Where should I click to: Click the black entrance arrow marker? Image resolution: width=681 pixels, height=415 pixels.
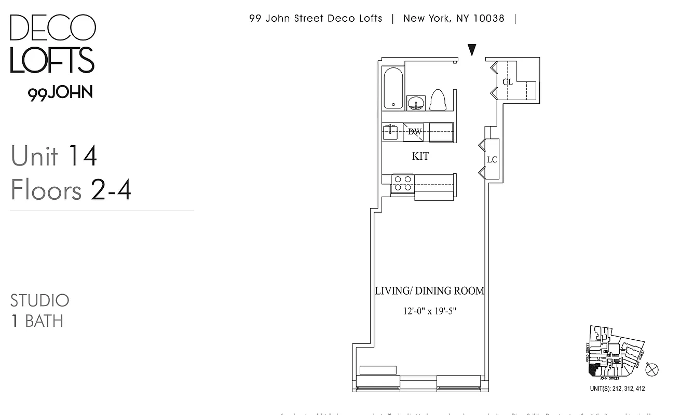tap(472, 50)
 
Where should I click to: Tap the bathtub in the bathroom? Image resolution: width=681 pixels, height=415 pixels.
tap(393, 88)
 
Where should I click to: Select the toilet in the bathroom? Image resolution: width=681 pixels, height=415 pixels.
tap(439, 100)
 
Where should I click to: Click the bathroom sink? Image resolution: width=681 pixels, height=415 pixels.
tap(416, 103)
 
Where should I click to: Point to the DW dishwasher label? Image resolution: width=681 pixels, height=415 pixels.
tap(415, 132)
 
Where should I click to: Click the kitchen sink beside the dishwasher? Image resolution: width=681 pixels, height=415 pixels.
tap(390, 132)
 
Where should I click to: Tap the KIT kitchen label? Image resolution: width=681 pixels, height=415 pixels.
tap(420, 156)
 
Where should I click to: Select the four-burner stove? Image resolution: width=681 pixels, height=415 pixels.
tap(402, 183)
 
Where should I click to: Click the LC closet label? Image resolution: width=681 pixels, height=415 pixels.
tap(492, 159)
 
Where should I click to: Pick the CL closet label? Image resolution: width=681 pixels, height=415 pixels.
tap(507, 82)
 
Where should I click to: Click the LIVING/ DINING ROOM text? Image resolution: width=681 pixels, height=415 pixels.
tap(429, 291)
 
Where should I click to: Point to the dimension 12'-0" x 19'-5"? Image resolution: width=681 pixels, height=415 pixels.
tap(430, 312)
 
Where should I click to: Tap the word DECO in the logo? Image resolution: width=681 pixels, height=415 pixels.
tap(52, 28)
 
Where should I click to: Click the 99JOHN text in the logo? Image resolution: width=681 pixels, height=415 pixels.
tap(60, 93)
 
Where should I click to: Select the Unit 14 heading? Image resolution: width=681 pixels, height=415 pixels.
tap(54, 156)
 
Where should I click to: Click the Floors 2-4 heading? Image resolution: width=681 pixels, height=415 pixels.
tap(71, 190)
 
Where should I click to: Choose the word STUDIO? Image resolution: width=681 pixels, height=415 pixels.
tap(40, 300)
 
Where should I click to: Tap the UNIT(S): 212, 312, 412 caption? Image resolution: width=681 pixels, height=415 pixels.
tap(617, 389)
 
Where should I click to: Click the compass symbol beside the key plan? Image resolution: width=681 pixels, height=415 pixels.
tap(652, 370)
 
